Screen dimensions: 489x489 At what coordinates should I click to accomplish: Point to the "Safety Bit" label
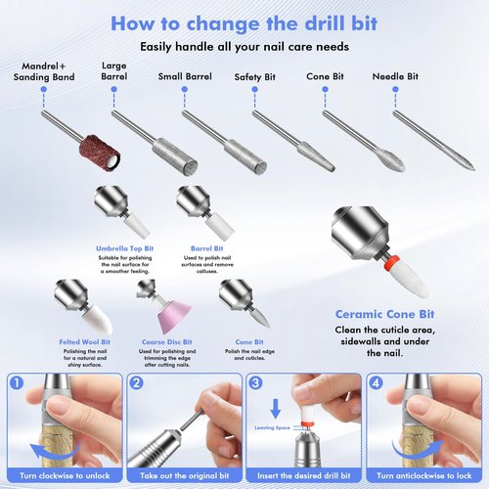pos(255,75)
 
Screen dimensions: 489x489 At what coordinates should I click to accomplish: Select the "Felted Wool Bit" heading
pos(84,342)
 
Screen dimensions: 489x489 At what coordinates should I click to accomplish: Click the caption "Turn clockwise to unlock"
pos(66,474)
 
